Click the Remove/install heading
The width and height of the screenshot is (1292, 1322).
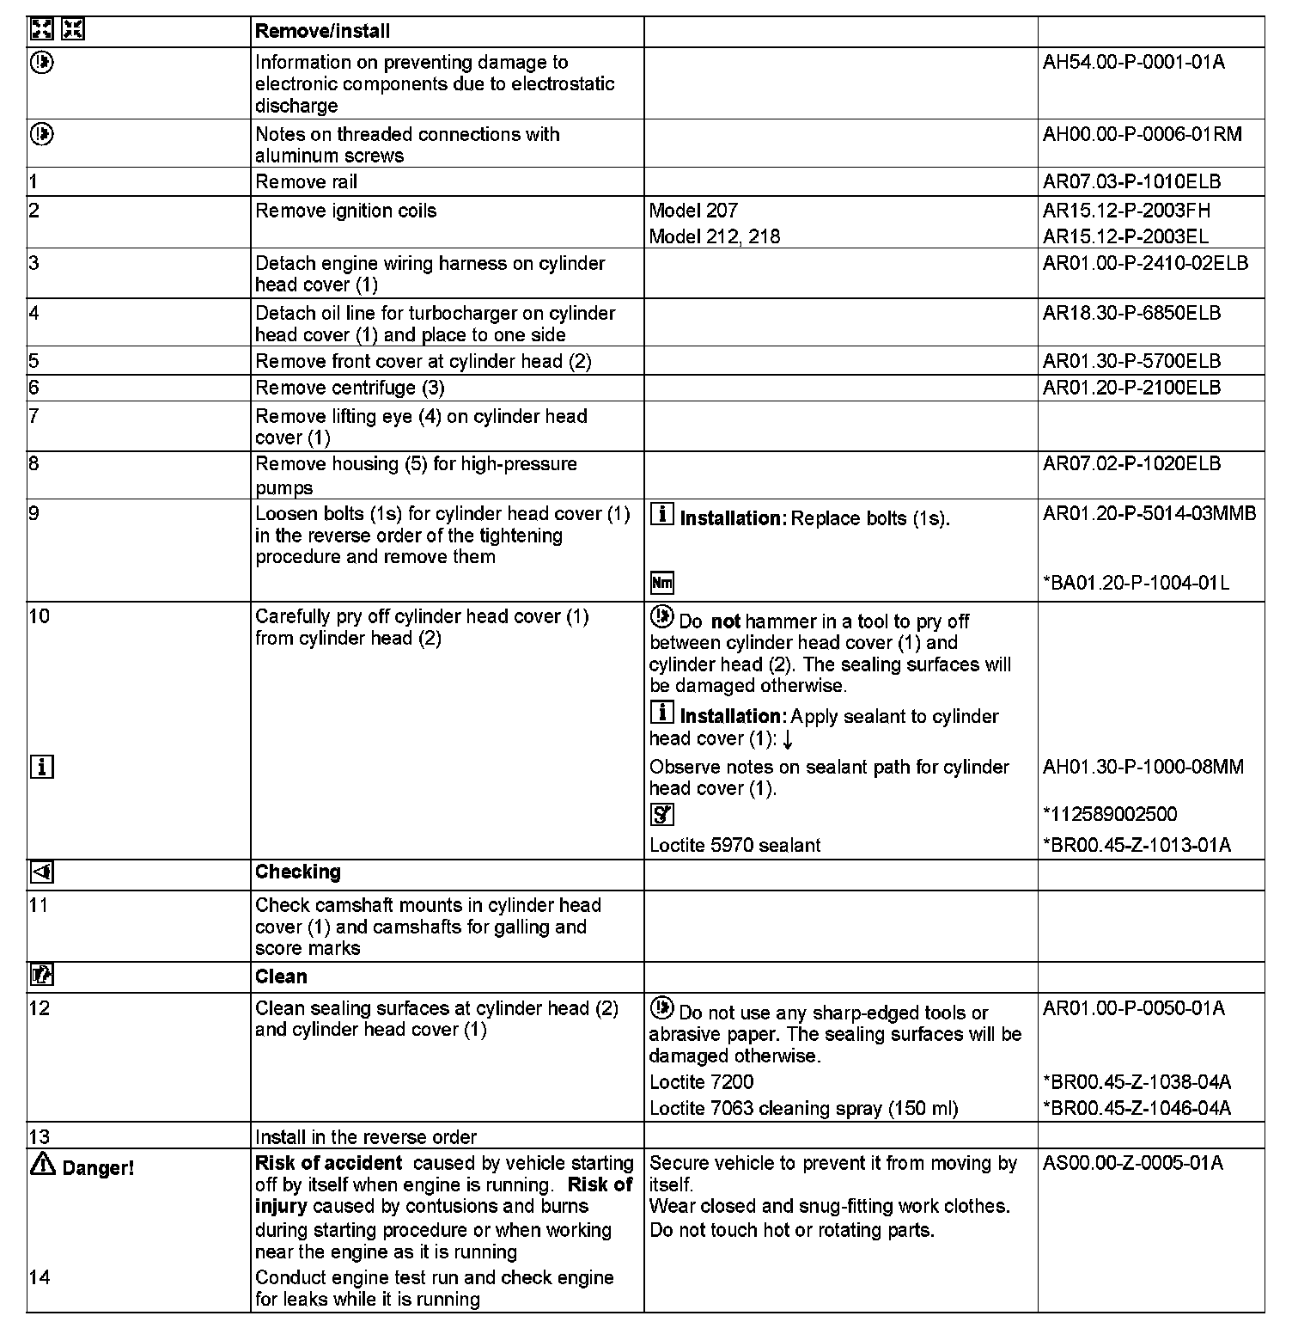tap(322, 32)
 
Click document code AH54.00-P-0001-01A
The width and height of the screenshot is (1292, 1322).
tap(1133, 62)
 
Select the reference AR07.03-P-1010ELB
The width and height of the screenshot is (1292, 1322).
tap(1131, 181)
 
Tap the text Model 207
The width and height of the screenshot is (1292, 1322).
tap(693, 211)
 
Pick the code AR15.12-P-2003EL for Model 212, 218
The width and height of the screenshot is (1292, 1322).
tap(1126, 236)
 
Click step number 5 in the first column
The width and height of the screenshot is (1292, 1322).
tap(34, 361)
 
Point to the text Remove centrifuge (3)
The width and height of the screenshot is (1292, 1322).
tap(350, 388)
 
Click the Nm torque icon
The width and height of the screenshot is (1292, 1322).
tap(661, 583)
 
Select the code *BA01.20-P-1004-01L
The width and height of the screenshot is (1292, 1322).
tap(1136, 583)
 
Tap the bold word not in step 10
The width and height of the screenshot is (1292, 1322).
tap(725, 621)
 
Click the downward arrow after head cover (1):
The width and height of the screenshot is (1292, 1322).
tap(788, 739)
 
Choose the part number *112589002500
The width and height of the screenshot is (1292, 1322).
tap(1110, 814)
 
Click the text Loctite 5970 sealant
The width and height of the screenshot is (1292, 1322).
tap(734, 845)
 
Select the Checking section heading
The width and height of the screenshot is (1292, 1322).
tap(297, 872)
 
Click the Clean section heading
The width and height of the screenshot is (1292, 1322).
tap(280, 976)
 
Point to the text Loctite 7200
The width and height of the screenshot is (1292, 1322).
tap(701, 1081)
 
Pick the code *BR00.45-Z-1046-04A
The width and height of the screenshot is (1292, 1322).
tap(1137, 1108)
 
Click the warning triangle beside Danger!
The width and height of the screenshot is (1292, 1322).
tap(42, 1166)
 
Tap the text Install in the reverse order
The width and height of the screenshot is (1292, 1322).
tap(365, 1137)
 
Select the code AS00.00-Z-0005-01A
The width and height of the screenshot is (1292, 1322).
tap(1132, 1163)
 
